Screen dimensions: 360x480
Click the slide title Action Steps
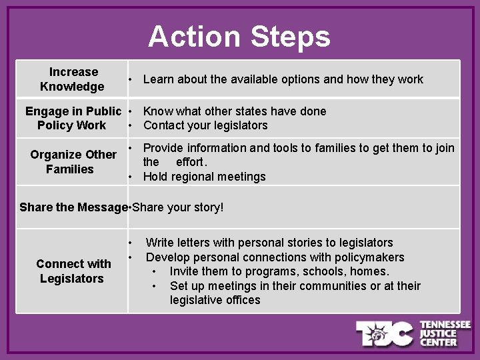point(239,37)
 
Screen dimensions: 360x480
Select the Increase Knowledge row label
point(73,79)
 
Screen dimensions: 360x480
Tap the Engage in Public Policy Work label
point(73,118)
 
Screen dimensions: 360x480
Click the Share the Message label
point(73,207)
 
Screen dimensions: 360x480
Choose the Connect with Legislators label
point(73,271)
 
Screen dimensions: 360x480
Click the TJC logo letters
point(385,333)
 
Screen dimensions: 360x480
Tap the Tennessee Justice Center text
point(445,333)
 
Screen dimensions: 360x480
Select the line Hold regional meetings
point(204,177)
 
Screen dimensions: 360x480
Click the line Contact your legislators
point(205,125)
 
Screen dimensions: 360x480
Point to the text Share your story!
point(178,207)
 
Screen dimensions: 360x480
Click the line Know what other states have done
point(235,111)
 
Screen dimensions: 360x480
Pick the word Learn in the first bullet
point(158,79)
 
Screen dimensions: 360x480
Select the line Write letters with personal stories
point(269,243)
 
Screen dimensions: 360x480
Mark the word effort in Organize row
point(191,162)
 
